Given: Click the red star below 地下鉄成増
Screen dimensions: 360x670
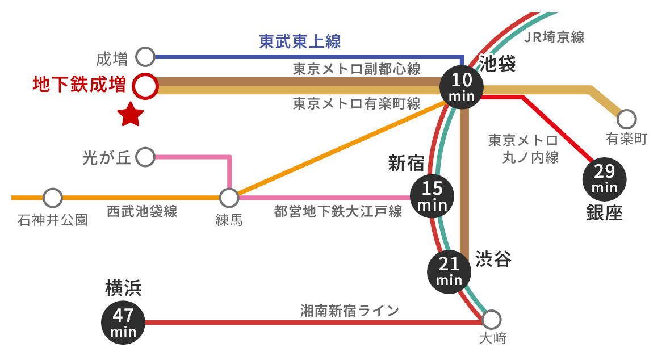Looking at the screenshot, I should point(131,115).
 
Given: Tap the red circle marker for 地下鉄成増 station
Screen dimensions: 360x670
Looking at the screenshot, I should point(145,87).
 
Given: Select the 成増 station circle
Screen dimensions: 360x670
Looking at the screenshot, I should point(145,57).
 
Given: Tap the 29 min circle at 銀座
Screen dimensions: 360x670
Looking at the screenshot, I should point(604,177).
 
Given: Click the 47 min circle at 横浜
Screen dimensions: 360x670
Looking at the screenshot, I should point(123,323).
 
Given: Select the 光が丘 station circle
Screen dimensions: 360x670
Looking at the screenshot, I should point(145,157).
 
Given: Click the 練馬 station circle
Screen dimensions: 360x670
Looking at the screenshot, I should point(229,198).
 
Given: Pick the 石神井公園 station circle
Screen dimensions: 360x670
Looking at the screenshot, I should point(53,198).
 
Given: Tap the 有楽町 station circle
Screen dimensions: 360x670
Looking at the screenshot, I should point(626,119).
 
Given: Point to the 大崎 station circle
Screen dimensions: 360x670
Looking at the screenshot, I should point(491,319).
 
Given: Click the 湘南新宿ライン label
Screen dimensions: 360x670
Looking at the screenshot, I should point(350,311).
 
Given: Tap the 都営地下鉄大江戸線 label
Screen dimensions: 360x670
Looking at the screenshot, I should point(338,212).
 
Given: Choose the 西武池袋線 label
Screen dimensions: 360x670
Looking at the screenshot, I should point(142,212).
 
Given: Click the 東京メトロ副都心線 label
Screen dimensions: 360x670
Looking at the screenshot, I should point(357,69).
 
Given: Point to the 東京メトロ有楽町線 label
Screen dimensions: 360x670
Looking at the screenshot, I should point(357,104).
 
